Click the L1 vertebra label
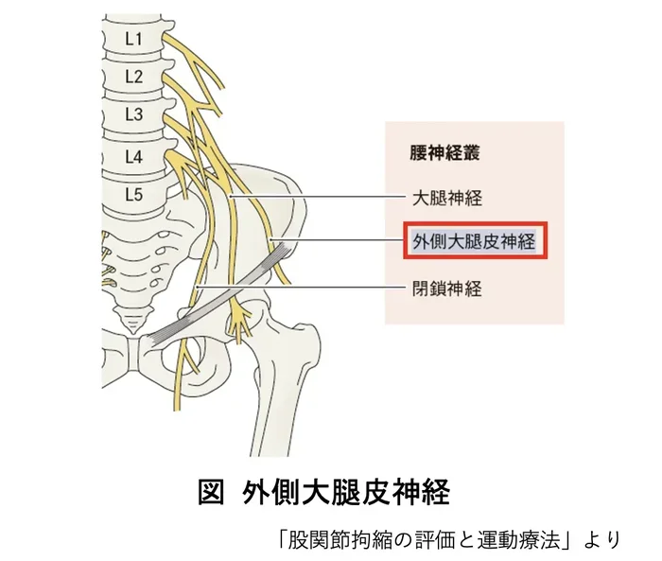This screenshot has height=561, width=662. pos(133,40)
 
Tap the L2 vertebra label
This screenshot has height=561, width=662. pos(134,77)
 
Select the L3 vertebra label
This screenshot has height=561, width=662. pos(134,114)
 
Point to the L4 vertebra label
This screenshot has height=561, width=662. pos(134,157)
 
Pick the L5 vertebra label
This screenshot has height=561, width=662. pos(134,194)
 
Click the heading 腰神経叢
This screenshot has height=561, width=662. pos(444,152)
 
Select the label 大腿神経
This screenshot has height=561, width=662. pos(447,198)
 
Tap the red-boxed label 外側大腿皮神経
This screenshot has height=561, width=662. pos(475,241)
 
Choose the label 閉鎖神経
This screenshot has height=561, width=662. pos(447,289)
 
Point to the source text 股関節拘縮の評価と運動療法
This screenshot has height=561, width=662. pos(424,540)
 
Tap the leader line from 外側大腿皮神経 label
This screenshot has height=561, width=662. pos(338,240)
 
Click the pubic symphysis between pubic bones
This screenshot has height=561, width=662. pos(134,354)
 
